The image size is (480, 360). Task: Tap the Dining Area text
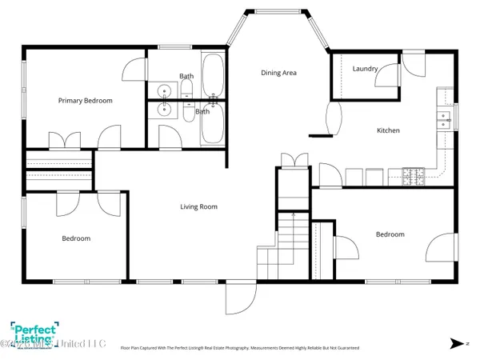(278, 73)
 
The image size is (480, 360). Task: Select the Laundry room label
(365, 69)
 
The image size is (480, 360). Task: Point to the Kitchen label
(388, 130)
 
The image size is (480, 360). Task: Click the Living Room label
(198, 206)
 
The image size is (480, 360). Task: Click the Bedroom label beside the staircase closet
(390, 234)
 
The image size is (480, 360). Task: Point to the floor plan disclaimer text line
(240, 348)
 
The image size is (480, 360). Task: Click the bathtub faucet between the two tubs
(213, 102)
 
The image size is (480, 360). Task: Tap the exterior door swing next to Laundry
(414, 66)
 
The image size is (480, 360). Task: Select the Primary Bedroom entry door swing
(109, 139)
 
